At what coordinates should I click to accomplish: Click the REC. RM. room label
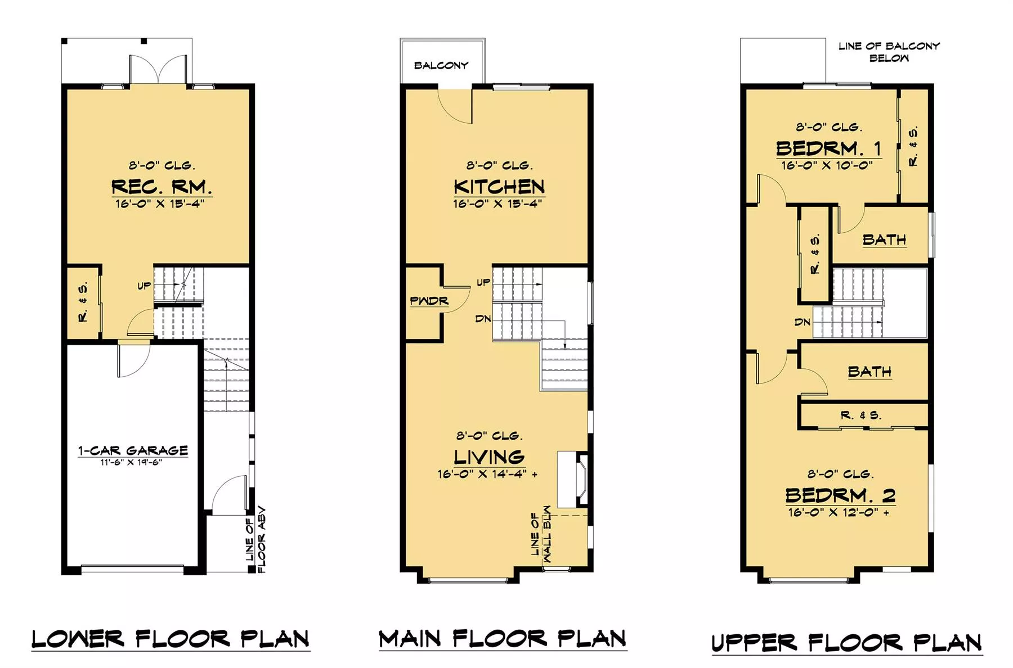pos(162,186)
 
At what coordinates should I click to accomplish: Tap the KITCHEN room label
pos(499,187)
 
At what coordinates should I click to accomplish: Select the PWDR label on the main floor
pos(429,301)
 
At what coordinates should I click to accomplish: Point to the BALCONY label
pos(441,65)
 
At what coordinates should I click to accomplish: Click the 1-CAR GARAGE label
pos(133,450)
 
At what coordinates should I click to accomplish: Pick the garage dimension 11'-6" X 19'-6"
pos(131,462)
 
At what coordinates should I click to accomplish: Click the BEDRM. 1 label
pos(828,148)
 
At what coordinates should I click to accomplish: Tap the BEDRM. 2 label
pos(840,495)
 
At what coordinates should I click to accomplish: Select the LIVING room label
pos(489,457)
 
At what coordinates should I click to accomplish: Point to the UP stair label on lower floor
pos(144,286)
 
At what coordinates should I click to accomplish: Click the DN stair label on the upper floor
pos(803,322)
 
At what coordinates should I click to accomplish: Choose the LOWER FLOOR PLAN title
pos(171,639)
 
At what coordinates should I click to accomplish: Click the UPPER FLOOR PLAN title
pos(847,643)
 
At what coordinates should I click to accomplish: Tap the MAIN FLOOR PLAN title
pos(503,639)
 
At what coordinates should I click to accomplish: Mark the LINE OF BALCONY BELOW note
pos(889,52)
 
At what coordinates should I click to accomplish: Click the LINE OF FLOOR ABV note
pos(256,540)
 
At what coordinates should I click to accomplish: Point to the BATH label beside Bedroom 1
pos(884,240)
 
